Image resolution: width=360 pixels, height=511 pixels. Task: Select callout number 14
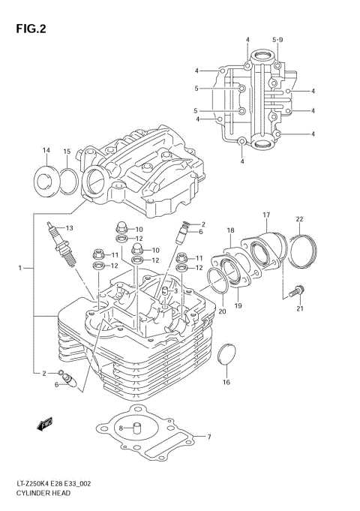pyautogui.click(x=46, y=151)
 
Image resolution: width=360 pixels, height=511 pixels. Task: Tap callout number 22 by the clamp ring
pyautogui.click(x=298, y=219)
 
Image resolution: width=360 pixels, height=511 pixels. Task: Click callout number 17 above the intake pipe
pyautogui.click(x=265, y=215)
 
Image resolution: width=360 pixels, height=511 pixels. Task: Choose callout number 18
pyautogui.click(x=230, y=230)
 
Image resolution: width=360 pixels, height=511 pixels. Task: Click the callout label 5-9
pyautogui.click(x=277, y=39)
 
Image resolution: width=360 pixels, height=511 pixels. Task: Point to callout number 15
pyautogui.click(x=66, y=152)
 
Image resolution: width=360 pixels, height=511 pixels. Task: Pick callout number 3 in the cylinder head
pyautogui.click(x=175, y=291)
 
